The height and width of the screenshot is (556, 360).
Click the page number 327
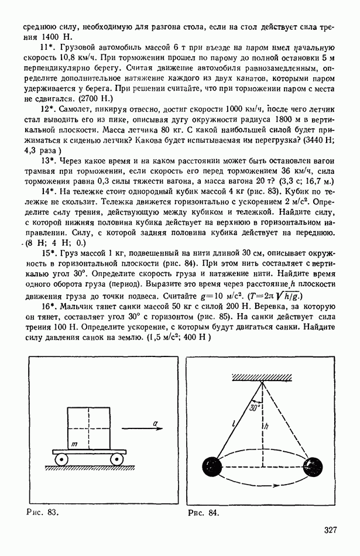(x=330, y=531)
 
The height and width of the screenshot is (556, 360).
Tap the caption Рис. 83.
(x=44, y=513)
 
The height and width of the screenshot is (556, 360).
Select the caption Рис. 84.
(x=203, y=513)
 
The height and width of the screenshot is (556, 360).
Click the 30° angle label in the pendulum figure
(x=254, y=408)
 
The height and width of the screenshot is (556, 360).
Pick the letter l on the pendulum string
(x=232, y=420)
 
